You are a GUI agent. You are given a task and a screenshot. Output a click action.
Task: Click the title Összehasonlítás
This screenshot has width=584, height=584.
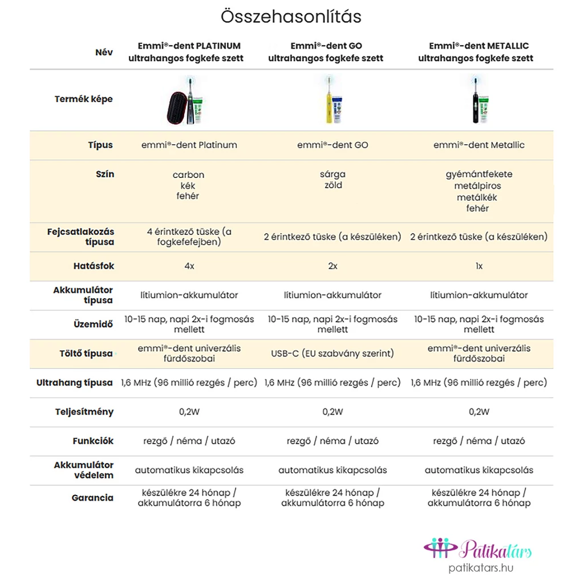click(x=291, y=17)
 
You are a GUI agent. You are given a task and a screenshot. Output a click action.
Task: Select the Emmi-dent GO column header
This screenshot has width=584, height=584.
click(x=326, y=52)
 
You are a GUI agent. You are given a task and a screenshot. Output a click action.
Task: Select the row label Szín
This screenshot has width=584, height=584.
click(x=105, y=174)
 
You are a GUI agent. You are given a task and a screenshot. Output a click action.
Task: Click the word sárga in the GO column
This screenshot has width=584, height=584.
click(x=332, y=175)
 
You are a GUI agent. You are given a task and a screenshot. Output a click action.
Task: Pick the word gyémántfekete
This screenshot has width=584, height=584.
click(x=479, y=175)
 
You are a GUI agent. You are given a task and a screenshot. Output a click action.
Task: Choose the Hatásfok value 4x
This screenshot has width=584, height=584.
click(x=189, y=266)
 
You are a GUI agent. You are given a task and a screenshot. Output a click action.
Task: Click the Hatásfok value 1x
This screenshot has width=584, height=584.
click(x=479, y=266)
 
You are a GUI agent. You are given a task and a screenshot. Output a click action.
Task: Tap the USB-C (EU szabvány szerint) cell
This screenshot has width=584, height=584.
click(x=332, y=354)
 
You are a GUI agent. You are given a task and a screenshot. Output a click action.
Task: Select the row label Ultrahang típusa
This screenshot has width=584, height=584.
click(x=75, y=383)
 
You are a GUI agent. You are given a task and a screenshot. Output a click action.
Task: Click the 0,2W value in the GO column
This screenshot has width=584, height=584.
click(x=332, y=412)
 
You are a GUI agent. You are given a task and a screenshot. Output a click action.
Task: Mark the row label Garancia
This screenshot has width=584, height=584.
click(x=92, y=498)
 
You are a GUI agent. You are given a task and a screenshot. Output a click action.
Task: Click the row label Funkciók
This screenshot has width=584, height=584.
click(x=93, y=441)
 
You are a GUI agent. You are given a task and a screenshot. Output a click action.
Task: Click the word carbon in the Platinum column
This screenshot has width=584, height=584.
click(x=188, y=175)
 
